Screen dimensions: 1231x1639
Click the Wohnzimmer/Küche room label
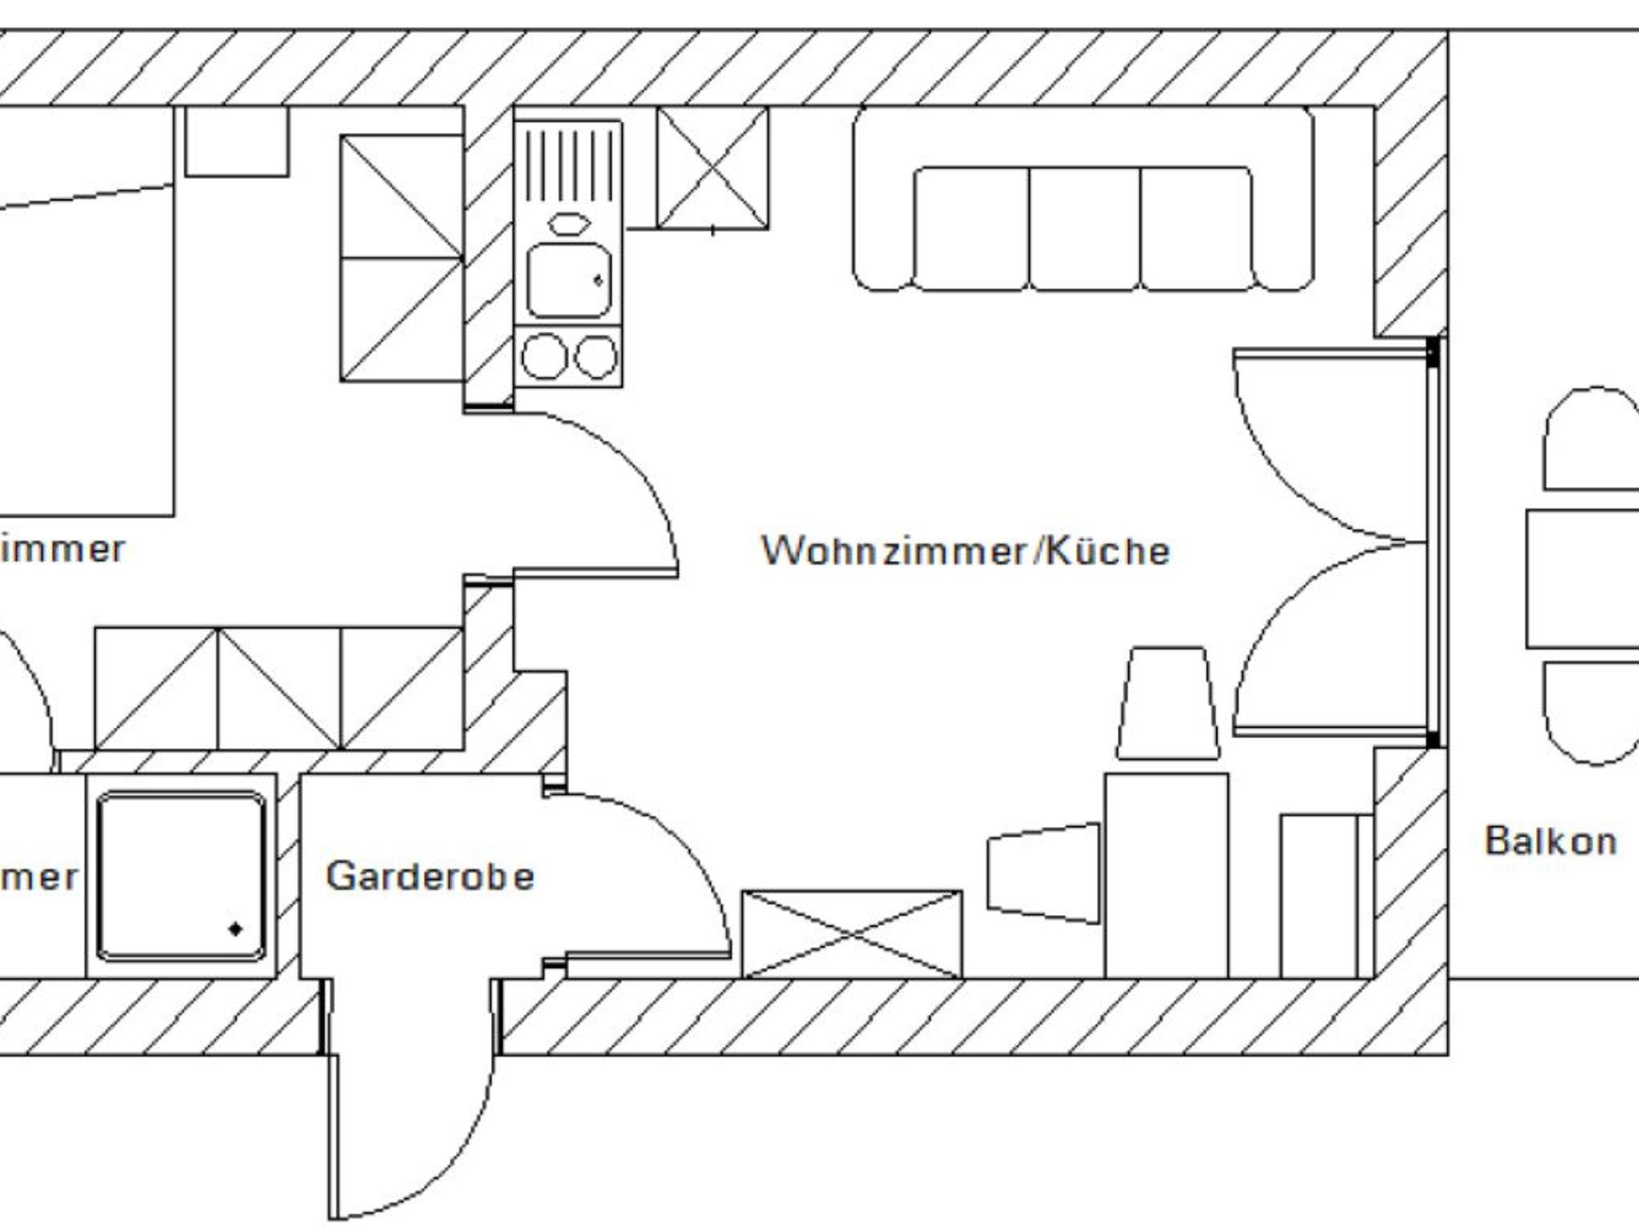965,551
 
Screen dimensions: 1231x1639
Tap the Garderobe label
430,876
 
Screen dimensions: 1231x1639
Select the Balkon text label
1550,840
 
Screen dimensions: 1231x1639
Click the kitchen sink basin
568,280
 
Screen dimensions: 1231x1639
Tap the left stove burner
543,356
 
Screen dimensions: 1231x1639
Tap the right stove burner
596,356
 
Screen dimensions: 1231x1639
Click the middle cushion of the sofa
1084,228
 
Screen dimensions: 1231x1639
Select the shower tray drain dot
235,929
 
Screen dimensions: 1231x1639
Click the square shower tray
181,876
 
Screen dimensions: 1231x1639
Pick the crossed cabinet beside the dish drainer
712,168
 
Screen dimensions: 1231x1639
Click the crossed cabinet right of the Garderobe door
852,934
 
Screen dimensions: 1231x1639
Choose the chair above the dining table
1167,704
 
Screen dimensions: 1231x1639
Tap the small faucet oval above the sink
568,223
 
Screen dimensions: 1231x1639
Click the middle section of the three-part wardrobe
279,688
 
